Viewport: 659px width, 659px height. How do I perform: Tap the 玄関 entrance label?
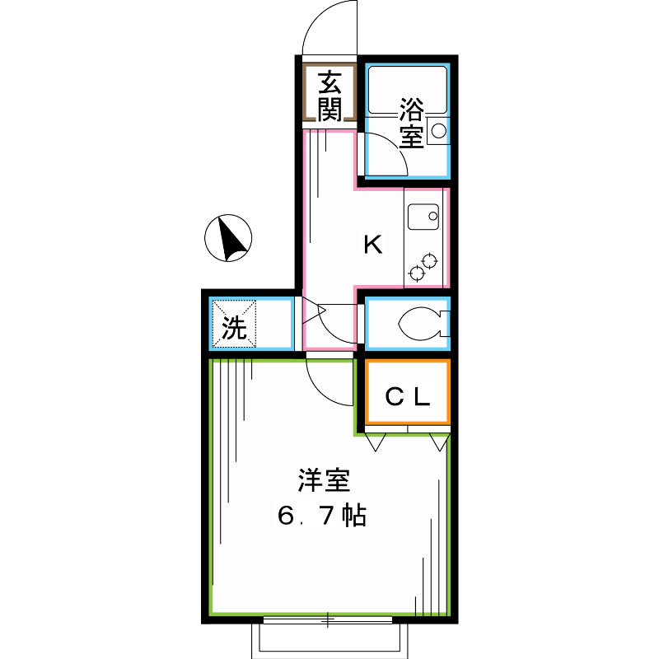pos(329,96)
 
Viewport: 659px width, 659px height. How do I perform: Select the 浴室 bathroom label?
pos(411,122)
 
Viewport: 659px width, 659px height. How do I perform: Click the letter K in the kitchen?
pos(373,245)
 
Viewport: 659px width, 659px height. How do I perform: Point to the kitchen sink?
pos(423,217)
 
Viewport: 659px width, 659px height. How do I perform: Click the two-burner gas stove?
pos(422,265)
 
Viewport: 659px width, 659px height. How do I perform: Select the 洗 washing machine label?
pos(235,329)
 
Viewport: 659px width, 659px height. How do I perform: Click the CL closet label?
pos(409,398)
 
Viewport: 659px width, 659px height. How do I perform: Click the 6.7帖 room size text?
pos(321,516)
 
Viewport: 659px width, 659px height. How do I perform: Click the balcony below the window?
pos(329,638)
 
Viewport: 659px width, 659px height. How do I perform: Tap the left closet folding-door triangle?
pos(376,442)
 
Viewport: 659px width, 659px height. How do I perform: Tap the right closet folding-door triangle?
pos(439,442)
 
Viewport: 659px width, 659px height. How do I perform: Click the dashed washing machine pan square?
pos(236,324)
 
